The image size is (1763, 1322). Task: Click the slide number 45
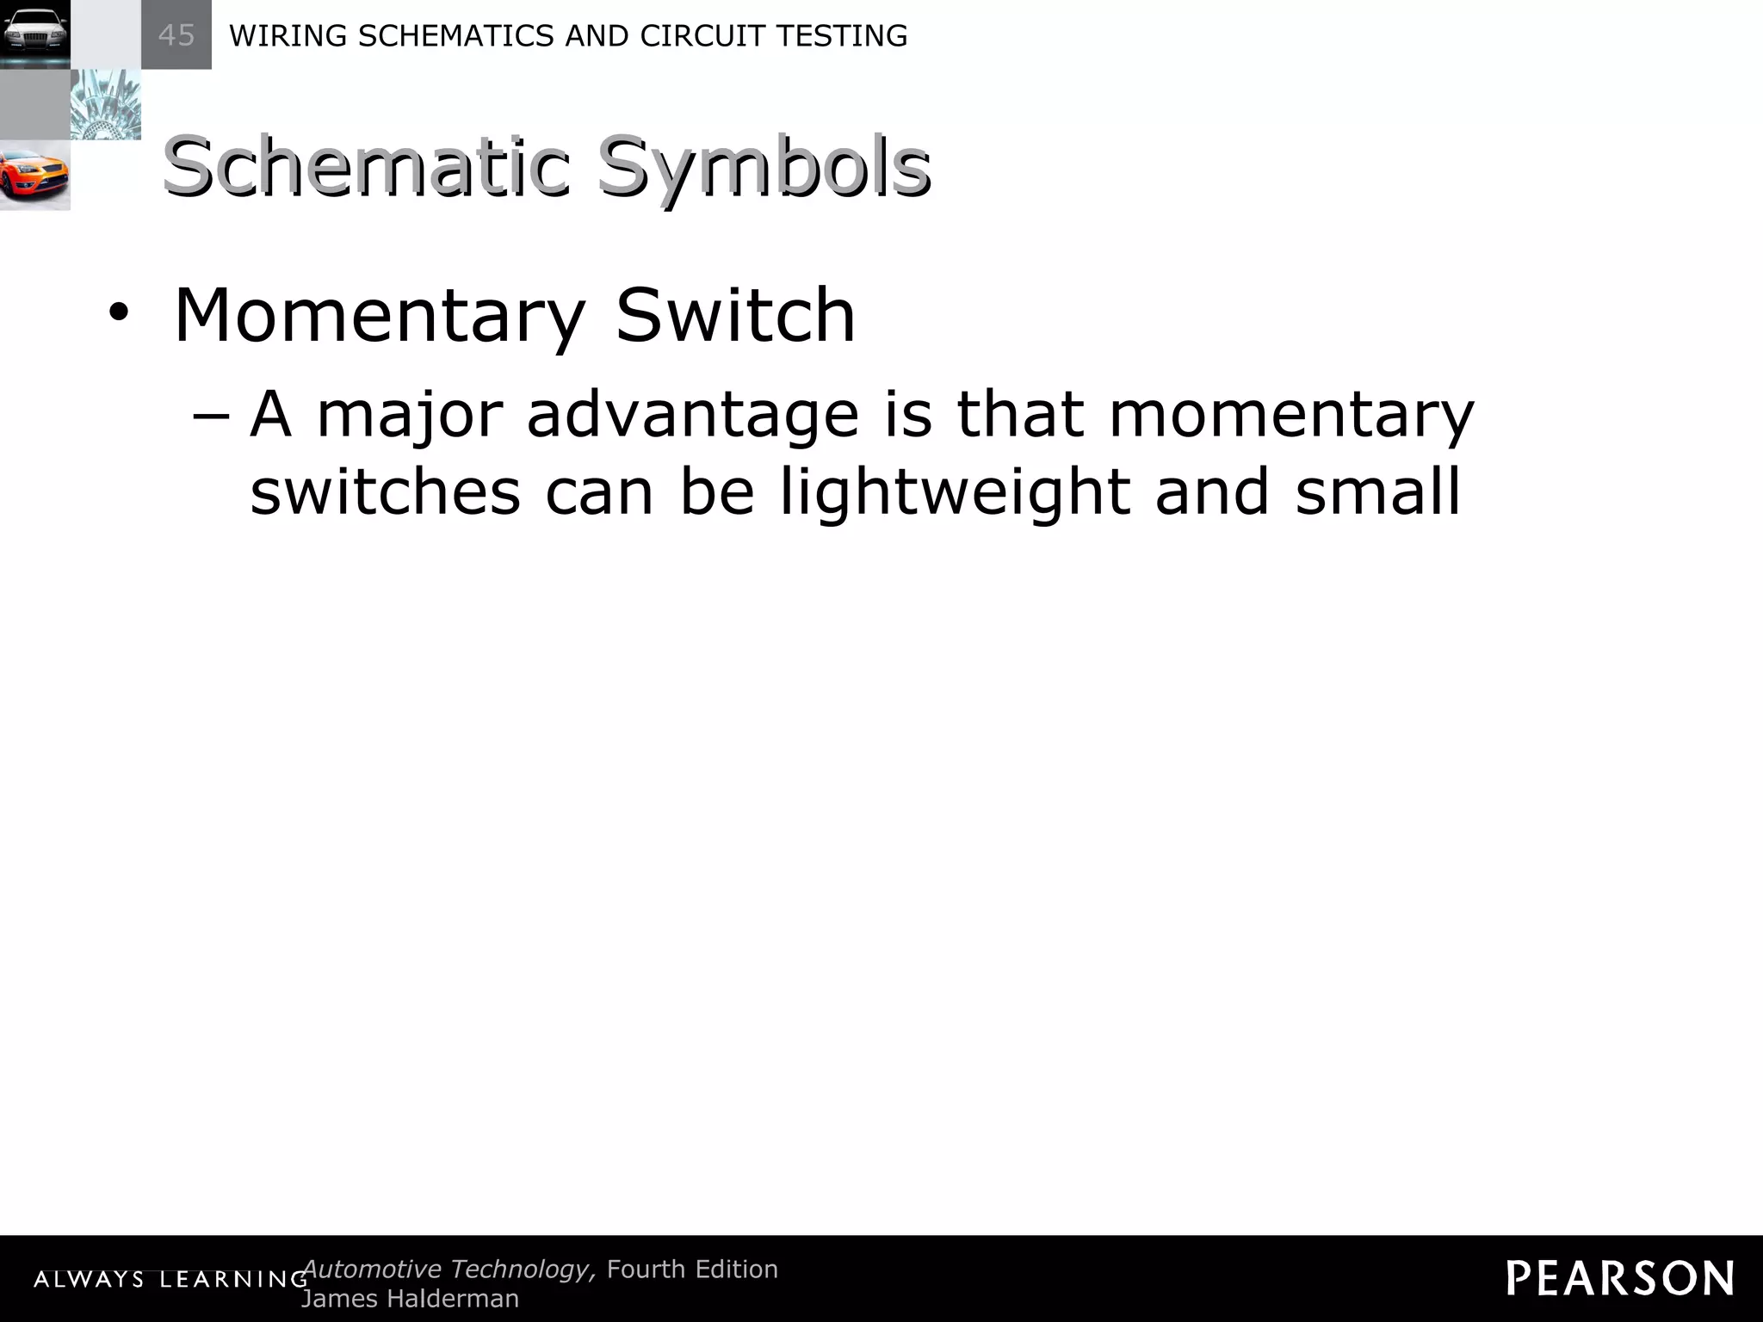176,35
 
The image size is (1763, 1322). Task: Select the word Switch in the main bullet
736,315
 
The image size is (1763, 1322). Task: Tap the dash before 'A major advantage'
212,415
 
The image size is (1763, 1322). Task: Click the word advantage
693,415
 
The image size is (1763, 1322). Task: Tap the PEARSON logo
1620,1278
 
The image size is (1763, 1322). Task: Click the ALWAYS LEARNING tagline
170,1280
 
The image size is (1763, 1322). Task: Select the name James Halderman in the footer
410,1299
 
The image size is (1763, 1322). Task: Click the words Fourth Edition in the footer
692,1269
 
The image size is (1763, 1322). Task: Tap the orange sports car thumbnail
34,176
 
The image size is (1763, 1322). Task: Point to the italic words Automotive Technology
448,1269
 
